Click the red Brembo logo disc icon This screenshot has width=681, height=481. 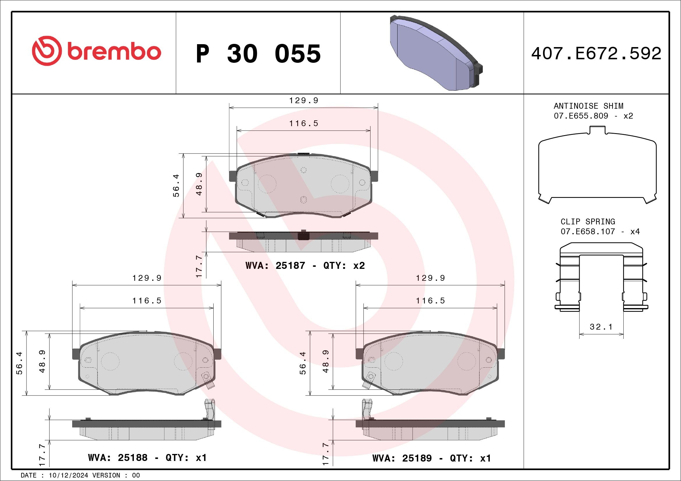(x=47, y=51)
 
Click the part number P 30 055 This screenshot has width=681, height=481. (x=258, y=53)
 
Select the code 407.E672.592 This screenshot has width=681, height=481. (x=596, y=53)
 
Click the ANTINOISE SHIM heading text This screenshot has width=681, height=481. (x=588, y=106)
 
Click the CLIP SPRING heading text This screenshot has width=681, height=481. (x=588, y=221)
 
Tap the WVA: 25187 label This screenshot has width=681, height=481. (x=275, y=265)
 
